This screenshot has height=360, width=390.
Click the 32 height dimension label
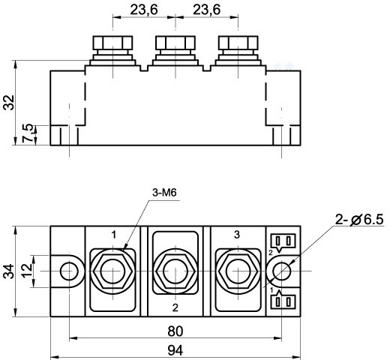tap(9, 102)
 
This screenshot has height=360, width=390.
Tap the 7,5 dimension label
tap(28, 133)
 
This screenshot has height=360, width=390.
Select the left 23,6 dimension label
tap(144, 10)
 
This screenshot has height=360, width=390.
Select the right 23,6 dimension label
tap(207, 10)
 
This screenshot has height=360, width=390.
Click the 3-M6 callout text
tap(164, 193)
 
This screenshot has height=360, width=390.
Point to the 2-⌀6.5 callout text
tap(359, 220)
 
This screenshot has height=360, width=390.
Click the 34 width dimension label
tap(9, 271)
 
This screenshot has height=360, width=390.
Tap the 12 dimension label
tap(27, 271)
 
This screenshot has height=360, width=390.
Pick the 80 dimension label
tap(175, 331)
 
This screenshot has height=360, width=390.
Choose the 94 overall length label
tap(175, 350)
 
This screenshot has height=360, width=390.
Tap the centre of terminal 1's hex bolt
tap(112, 271)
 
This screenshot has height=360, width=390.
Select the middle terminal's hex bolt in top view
tap(175, 271)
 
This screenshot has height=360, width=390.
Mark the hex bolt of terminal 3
tap(238, 271)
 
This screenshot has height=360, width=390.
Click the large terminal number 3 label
tap(237, 235)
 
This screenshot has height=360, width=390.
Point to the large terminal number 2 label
tap(175, 307)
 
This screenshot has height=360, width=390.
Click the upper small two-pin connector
tap(283, 241)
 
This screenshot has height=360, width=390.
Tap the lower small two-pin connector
tap(283, 300)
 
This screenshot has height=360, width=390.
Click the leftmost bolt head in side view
tap(112, 43)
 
